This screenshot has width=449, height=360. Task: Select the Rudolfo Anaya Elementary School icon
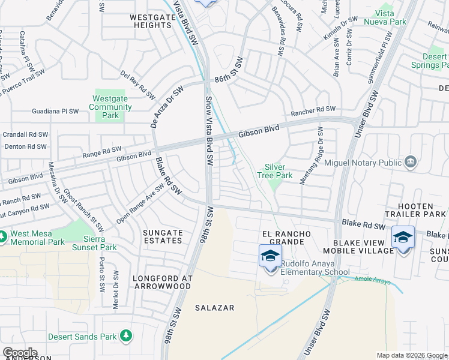point(270,256)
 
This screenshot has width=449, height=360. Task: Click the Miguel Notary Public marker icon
point(411,161)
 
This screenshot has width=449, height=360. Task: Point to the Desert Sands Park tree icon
point(125,336)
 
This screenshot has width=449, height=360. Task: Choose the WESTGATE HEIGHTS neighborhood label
point(150,21)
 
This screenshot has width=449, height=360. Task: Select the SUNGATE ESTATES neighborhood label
point(163,236)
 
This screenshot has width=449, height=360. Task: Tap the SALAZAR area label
point(214,308)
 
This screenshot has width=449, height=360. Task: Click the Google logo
point(20,353)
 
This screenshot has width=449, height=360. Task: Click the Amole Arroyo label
point(373,281)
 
